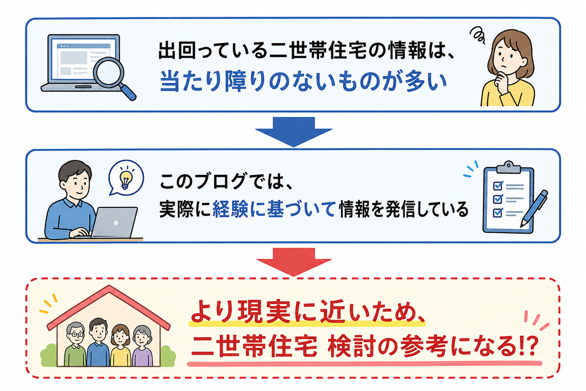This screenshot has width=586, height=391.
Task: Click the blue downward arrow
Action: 293,131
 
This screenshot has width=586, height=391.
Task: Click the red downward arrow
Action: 293,261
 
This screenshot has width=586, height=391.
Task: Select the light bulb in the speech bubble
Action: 126,177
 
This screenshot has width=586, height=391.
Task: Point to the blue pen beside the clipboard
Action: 534,209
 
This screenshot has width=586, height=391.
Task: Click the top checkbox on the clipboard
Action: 498,186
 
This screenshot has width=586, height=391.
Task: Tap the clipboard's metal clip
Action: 508,167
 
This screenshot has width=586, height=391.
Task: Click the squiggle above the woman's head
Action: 478,35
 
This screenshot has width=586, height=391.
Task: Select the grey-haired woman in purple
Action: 142,346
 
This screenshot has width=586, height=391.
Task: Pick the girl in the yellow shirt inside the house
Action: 120,345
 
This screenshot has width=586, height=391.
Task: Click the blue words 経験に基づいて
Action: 273,209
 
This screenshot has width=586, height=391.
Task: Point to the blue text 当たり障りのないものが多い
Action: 303,82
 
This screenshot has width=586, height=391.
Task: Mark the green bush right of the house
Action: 168,356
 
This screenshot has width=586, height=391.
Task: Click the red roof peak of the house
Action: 109,287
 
